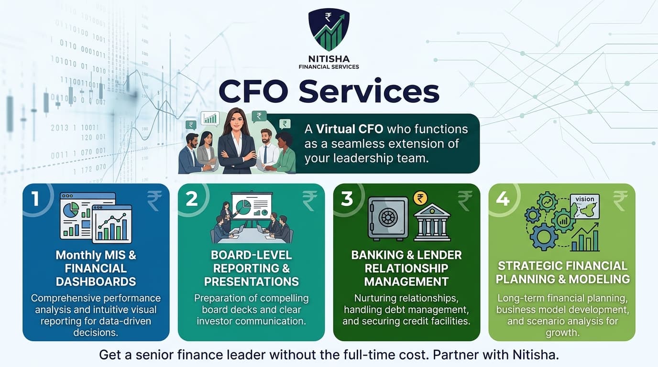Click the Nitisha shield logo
(329, 29)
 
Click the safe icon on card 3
(387, 218)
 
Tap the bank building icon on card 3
(432, 221)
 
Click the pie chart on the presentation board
(243, 207)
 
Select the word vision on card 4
(585, 199)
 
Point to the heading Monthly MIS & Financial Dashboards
(96, 268)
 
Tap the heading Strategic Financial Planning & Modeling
(562, 272)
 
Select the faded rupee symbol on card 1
(154, 201)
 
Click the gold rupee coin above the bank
(420, 198)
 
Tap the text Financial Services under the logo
(329, 67)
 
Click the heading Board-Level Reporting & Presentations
(251, 268)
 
